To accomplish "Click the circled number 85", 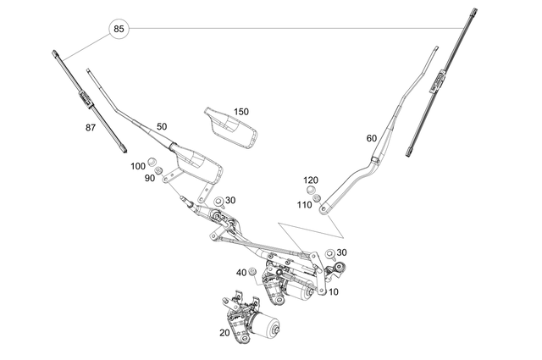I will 119,30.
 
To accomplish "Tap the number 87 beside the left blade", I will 91,127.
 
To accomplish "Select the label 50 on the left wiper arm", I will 161,126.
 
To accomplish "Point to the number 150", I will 241,112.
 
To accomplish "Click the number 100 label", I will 137,166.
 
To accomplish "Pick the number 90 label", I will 149,178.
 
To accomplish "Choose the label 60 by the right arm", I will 371,138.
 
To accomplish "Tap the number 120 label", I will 311,180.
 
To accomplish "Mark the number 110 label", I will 304,204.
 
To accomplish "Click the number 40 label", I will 241,272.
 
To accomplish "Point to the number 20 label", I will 224,333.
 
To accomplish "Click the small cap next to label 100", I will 153,162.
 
